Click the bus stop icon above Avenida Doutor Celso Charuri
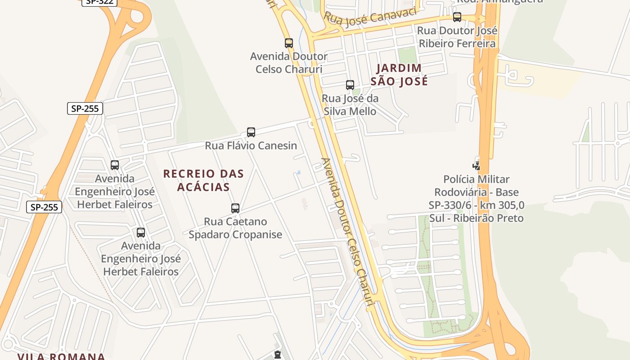point(289,43)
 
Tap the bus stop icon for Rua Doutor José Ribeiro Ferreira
point(457,18)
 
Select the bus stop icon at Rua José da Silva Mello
point(350,85)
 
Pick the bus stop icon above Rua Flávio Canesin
point(251,132)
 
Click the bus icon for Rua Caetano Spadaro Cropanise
point(235,208)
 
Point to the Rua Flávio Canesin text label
point(251,146)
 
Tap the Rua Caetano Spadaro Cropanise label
point(235,228)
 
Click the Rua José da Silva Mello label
point(350,105)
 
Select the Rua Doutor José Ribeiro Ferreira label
point(457,37)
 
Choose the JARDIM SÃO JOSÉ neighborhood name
point(399,75)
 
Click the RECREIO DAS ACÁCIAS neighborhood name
point(203,180)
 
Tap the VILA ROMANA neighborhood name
point(61,356)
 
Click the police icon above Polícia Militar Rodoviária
point(477,166)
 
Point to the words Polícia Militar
point(477,180)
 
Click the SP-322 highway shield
point(99,2)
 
